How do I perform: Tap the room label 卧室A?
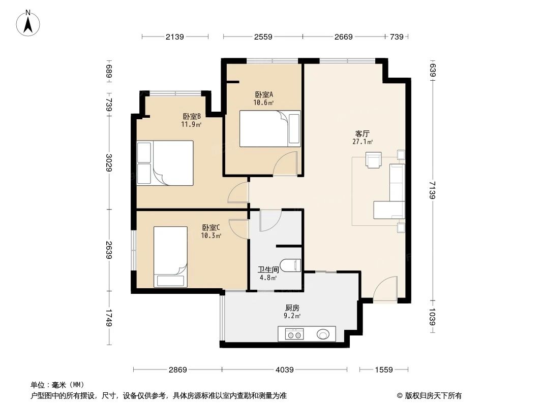click(x=264, y=94)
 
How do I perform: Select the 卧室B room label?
click(x=192, y=116)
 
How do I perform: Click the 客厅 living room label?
click(x=362, y=134)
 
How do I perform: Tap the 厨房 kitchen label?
click(x=292, y=308)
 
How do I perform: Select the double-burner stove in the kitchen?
click(x=294, y=334)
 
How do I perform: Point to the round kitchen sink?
click(x=323, y=334)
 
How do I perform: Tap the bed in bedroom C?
click(x=171, y=257)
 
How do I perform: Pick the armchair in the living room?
click(x=374, y=159)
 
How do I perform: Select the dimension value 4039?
click(x=285, y=370)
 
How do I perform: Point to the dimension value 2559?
click(x=263, y=37)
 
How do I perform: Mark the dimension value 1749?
click(x=109, y=319)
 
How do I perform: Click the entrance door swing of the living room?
click(x=385, y=289)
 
